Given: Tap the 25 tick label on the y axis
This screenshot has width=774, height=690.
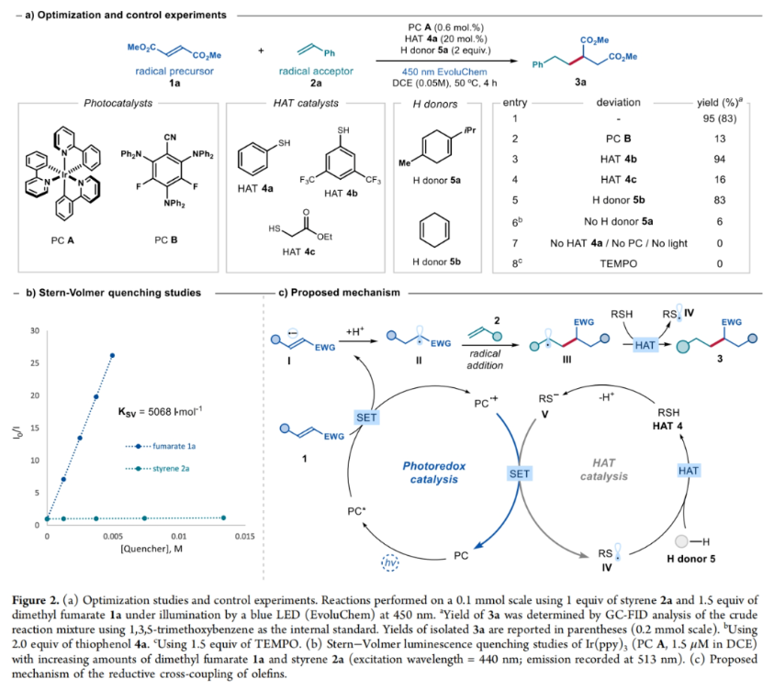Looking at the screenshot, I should [36, 362].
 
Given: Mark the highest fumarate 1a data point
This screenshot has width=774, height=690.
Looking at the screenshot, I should [113, 355].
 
